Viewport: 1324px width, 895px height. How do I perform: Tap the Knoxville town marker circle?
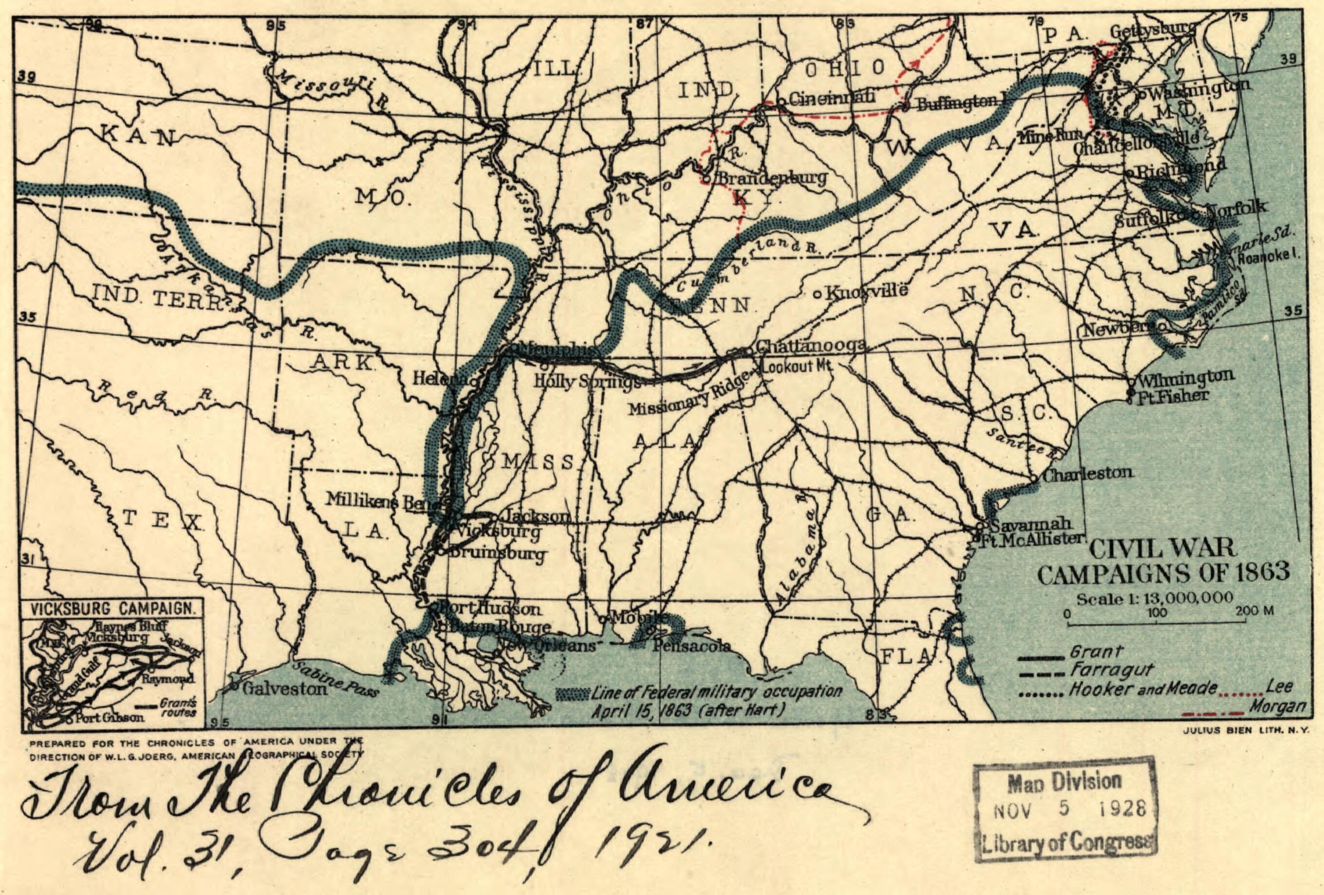click(x=817, y=295)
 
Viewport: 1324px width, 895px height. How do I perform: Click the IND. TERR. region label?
click(x=157, y=298)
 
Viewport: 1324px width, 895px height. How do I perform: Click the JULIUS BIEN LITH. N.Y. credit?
click(x=1243, y=728)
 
